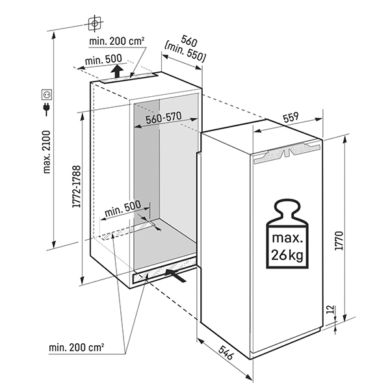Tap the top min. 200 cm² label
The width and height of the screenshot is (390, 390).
(118, 41)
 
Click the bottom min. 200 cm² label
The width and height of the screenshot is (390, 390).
(77, 347)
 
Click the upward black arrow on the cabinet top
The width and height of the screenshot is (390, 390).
(115, 71)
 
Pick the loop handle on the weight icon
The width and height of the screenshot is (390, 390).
(285, 207)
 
